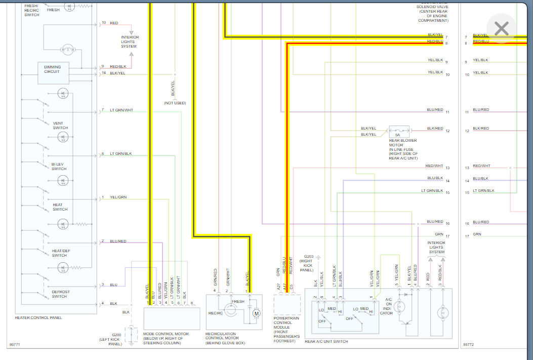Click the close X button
point(501,29)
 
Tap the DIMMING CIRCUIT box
point(53,69)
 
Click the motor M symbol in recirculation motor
point(256,313)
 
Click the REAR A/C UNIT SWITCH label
point(326,341)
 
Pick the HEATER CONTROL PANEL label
point(38,318)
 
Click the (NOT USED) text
point(175,103)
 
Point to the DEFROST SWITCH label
point(60,294)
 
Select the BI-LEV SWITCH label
point(59,167)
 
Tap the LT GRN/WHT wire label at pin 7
point(121,110)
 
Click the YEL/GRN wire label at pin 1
point(118,197)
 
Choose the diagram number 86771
point(15,345)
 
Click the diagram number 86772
point(469,345)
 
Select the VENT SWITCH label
point(60,126)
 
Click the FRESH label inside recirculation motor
point(238,301)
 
